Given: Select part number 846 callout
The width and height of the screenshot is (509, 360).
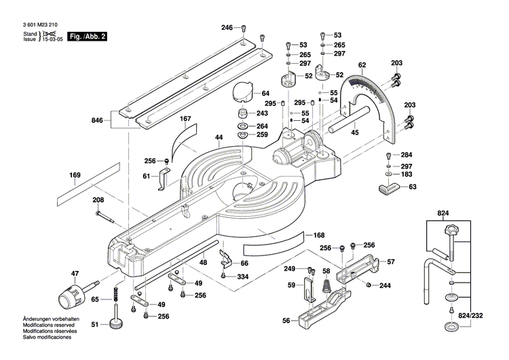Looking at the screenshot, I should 98,120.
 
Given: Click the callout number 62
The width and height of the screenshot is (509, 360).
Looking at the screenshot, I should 362,65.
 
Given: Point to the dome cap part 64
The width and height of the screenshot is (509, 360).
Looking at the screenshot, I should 242,91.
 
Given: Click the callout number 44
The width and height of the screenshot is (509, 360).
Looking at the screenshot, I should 219,137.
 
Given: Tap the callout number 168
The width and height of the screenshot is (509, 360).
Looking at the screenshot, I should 319,236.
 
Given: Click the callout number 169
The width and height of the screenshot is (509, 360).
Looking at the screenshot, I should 75,175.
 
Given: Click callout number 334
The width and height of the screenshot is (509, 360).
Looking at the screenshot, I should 242,276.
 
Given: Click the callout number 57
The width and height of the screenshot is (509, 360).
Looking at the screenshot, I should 390,262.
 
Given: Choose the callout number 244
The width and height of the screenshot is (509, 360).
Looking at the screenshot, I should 385,285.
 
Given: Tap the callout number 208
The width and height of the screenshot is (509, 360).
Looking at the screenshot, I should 98,200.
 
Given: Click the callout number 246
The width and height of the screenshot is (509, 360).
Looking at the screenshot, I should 227,27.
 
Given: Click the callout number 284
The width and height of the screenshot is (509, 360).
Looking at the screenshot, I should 406,154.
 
